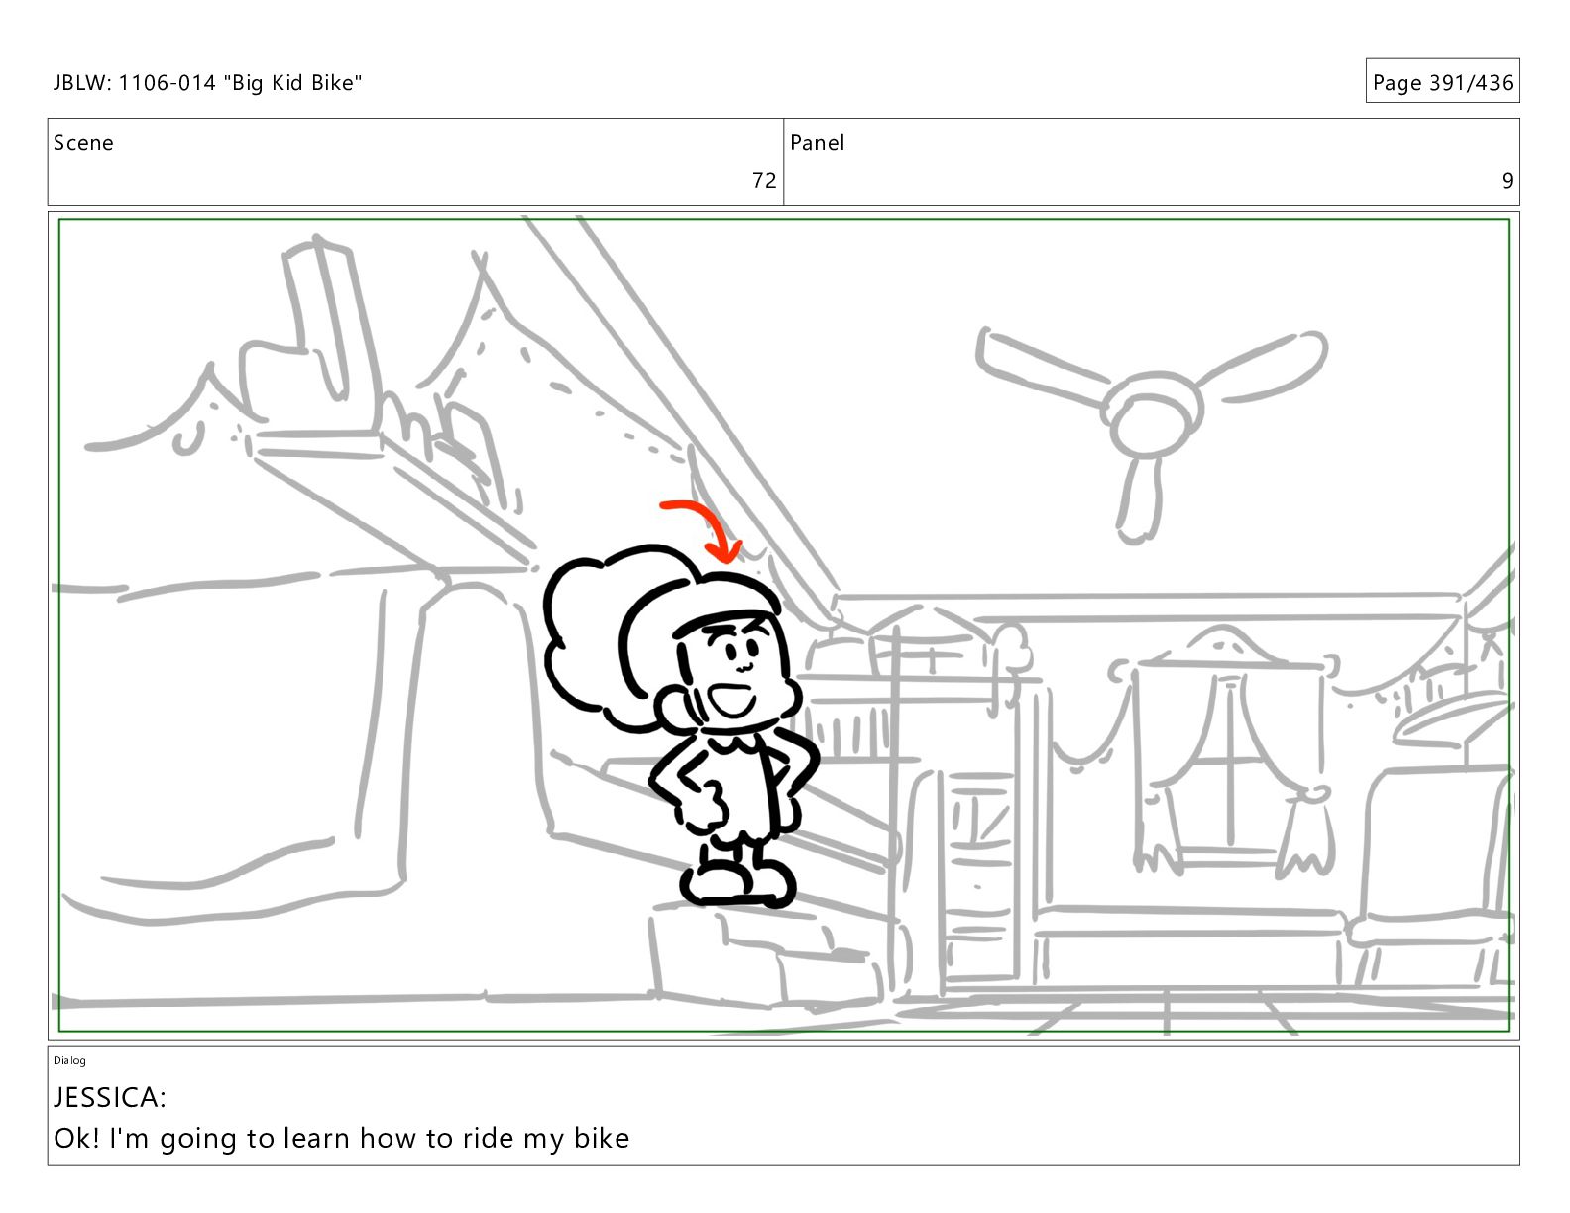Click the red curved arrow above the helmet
[x=713, y=515]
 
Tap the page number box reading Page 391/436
[x=1442, y=81]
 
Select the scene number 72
[x=763, y=180]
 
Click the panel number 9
[x=1508, y=180]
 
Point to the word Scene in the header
[x=83, y=143]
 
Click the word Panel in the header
[x=817, y=143]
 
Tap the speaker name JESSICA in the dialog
[x=106, y=1097]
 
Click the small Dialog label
[x=69, y=1060]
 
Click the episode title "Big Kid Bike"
[x=292, y=83]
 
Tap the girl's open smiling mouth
[x=731, y=700]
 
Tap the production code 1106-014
[x=167, y=83]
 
